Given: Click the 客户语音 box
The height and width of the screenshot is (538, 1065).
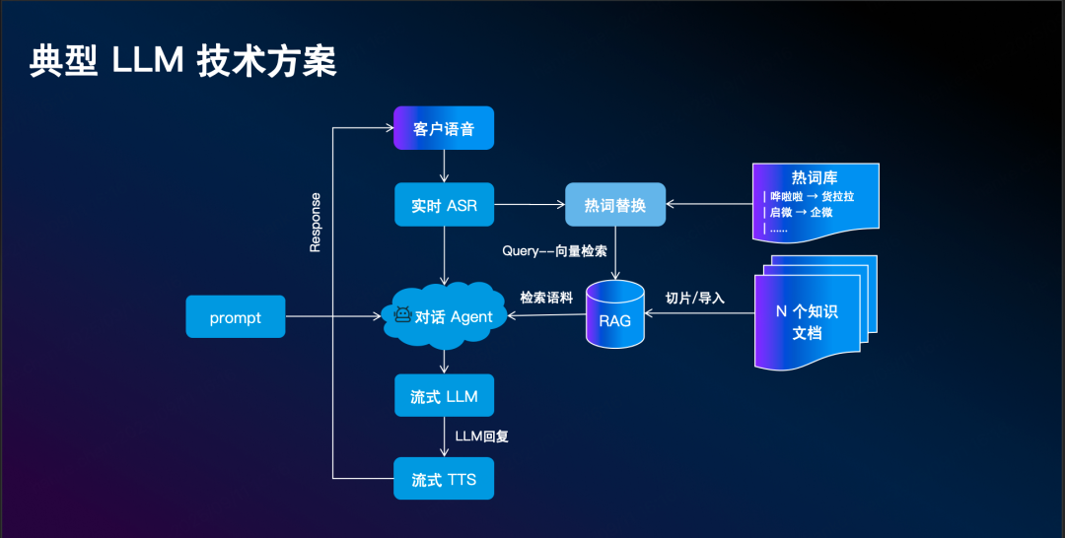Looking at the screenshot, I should click(443, 129).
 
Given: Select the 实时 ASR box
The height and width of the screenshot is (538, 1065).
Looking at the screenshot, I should click(443, 206).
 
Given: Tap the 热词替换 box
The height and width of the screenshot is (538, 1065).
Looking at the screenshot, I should click(614, 205).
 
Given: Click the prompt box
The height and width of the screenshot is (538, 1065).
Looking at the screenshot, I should click(235, 317).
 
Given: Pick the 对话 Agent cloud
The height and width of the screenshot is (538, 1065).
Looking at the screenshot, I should click(449, 317).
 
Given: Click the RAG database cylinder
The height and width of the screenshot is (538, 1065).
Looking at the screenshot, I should click(614, 315).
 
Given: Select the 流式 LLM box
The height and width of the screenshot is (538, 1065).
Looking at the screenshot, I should click(443, 396).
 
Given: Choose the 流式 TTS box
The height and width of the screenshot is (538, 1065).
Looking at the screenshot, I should click(443, 480).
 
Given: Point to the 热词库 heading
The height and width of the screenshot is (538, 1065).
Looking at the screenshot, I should click(815, 178).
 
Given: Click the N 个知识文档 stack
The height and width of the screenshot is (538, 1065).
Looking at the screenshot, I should click(807, 321).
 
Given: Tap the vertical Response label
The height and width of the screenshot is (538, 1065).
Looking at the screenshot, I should click(316, 223).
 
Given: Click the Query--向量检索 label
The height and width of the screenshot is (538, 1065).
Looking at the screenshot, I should click(554, 250).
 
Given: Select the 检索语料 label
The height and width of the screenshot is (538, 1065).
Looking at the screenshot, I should click(546, 297).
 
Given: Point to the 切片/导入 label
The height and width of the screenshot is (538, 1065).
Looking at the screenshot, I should click(695, 297).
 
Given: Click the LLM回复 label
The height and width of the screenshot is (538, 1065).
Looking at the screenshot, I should click(482, 436).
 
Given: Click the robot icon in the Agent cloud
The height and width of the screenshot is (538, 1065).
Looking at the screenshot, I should click(402, 316).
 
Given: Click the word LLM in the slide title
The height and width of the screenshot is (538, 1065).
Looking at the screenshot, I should click(148, 61).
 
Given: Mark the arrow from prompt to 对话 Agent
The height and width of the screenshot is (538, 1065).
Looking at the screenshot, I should click(335, 317).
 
